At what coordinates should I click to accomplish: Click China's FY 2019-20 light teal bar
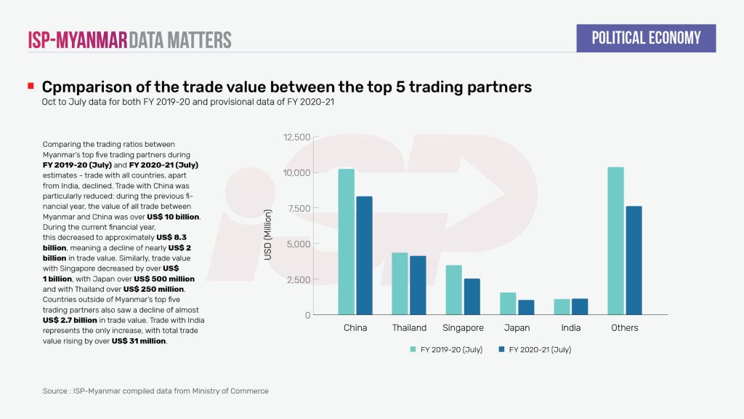click(346, 242)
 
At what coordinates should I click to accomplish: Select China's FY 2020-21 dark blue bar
click(364, 255)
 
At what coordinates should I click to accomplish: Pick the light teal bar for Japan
click(508, 304)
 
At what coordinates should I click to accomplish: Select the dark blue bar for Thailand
click(418, 285)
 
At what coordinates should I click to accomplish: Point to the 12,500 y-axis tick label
click(296, 137)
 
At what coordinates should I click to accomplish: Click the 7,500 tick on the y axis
click(299, 208)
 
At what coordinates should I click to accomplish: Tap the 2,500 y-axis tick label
click(299, 279)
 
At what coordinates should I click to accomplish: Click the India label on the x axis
click(570, 328)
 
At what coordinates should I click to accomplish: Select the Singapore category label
click(463, 328)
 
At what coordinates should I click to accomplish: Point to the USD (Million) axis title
click(267, 226)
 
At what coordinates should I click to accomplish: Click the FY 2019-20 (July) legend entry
click(445, 350)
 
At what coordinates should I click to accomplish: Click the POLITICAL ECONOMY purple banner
click(646, 38)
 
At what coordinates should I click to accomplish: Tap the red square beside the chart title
click(31, 87)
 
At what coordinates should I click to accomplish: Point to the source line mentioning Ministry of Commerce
click(155, 391)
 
